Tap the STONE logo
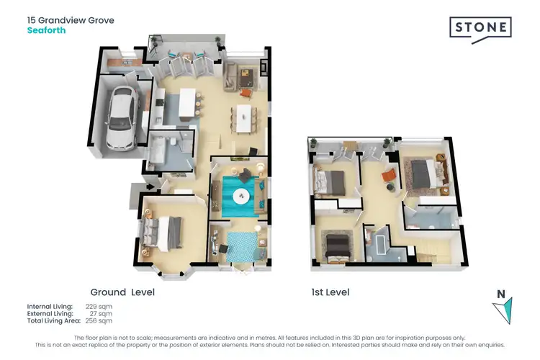pyautogui.click(x=480, y=29)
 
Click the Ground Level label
pyautogui.click(x=122, y=292)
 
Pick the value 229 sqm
pyautogui.click(x=99, y=307)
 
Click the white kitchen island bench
pyautogui.click(x=189, y=104)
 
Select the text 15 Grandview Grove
pyautogui.click(x=71, y=20)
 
